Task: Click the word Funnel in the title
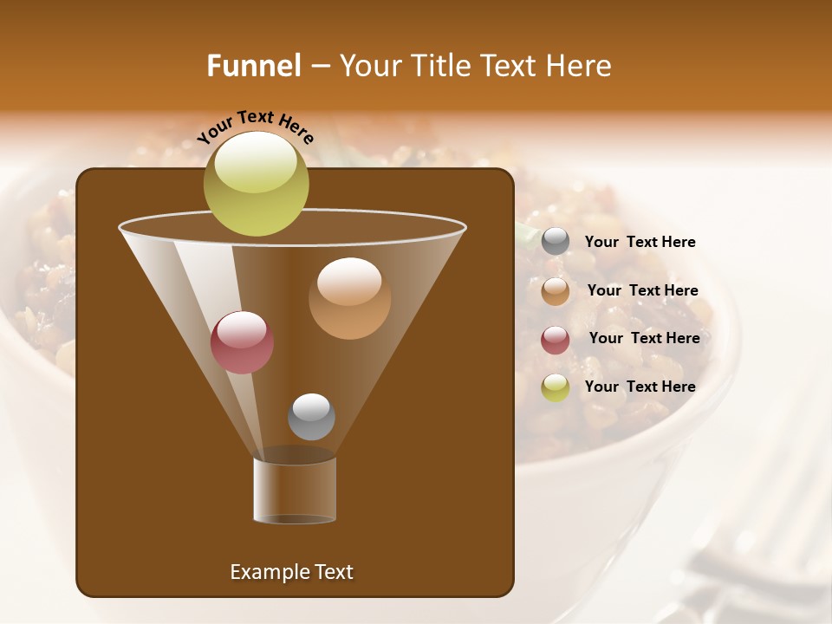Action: point(253,66)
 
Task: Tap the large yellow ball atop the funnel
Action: point(256,183)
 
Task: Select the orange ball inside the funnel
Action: point(349,298)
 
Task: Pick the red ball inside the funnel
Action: point(242,342)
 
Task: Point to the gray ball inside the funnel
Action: point(311,417)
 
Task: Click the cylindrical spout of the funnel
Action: point(295,491)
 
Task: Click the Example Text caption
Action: point(291,572)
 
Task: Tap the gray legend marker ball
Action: point(556,242)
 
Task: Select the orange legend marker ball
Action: point(556,291)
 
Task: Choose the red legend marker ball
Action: point(556,340)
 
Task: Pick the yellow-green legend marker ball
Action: point(556,387)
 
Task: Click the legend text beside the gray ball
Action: point(640,242)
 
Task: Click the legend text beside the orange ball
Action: point(642,290)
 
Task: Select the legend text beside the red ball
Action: point(644,338)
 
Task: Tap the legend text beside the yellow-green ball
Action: point(640,387)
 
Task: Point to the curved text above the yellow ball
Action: point(255,125)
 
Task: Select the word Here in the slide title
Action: point(580,66)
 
